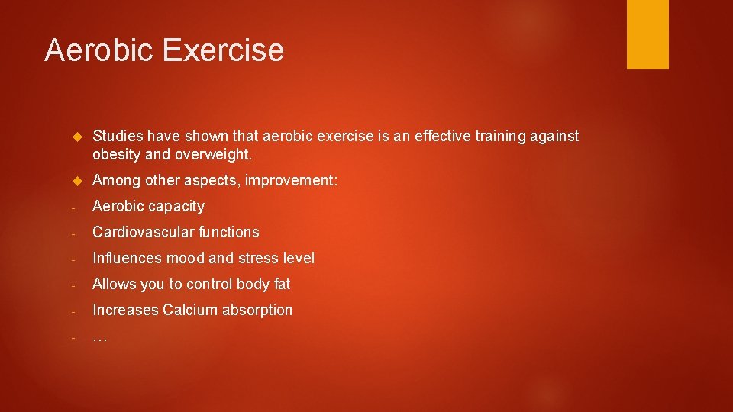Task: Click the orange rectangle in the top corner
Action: click(x=647, y=34)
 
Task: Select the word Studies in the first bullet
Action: click(x=118, y=136)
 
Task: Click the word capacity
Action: click(x=176, y=206)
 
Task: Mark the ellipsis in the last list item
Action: click(x=99, y=337)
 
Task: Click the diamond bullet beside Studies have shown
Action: click(x=76, y=137)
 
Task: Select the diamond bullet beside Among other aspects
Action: click(x=76, y=182)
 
